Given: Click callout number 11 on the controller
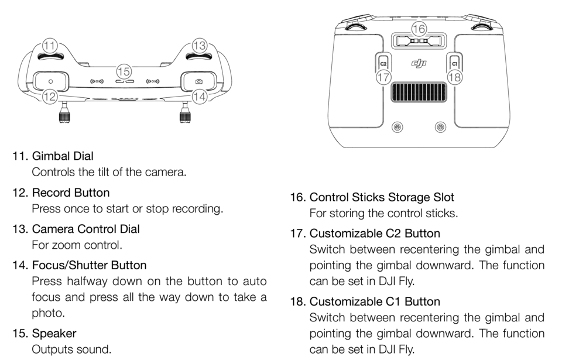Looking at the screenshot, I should (x=50, y=45).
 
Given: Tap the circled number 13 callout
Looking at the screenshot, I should (x=200, y=45).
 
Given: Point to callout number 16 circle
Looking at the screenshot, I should (x=419, y=28).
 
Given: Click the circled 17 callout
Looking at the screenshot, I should (x=383, y=77).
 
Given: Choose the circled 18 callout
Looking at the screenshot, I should (x=454, y=77).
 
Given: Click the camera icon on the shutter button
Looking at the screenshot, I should (x=199, y=81).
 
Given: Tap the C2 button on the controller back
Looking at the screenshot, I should (x=383, y=62).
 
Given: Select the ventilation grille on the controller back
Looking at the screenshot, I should (x=419, y=93).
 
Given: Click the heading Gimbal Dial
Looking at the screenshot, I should (x=62, y=156).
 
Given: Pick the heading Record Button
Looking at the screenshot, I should (x=70, y=193).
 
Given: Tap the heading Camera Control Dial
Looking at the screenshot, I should (x=85, y=229).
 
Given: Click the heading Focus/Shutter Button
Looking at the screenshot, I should (x=89, y=265).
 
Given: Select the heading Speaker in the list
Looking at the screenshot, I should (x=54, y=333).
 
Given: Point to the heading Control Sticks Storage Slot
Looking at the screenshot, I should (x=382, y=197).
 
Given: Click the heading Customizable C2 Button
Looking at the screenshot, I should (x=375, y=234).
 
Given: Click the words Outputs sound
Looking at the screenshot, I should (x=71, y=349).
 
